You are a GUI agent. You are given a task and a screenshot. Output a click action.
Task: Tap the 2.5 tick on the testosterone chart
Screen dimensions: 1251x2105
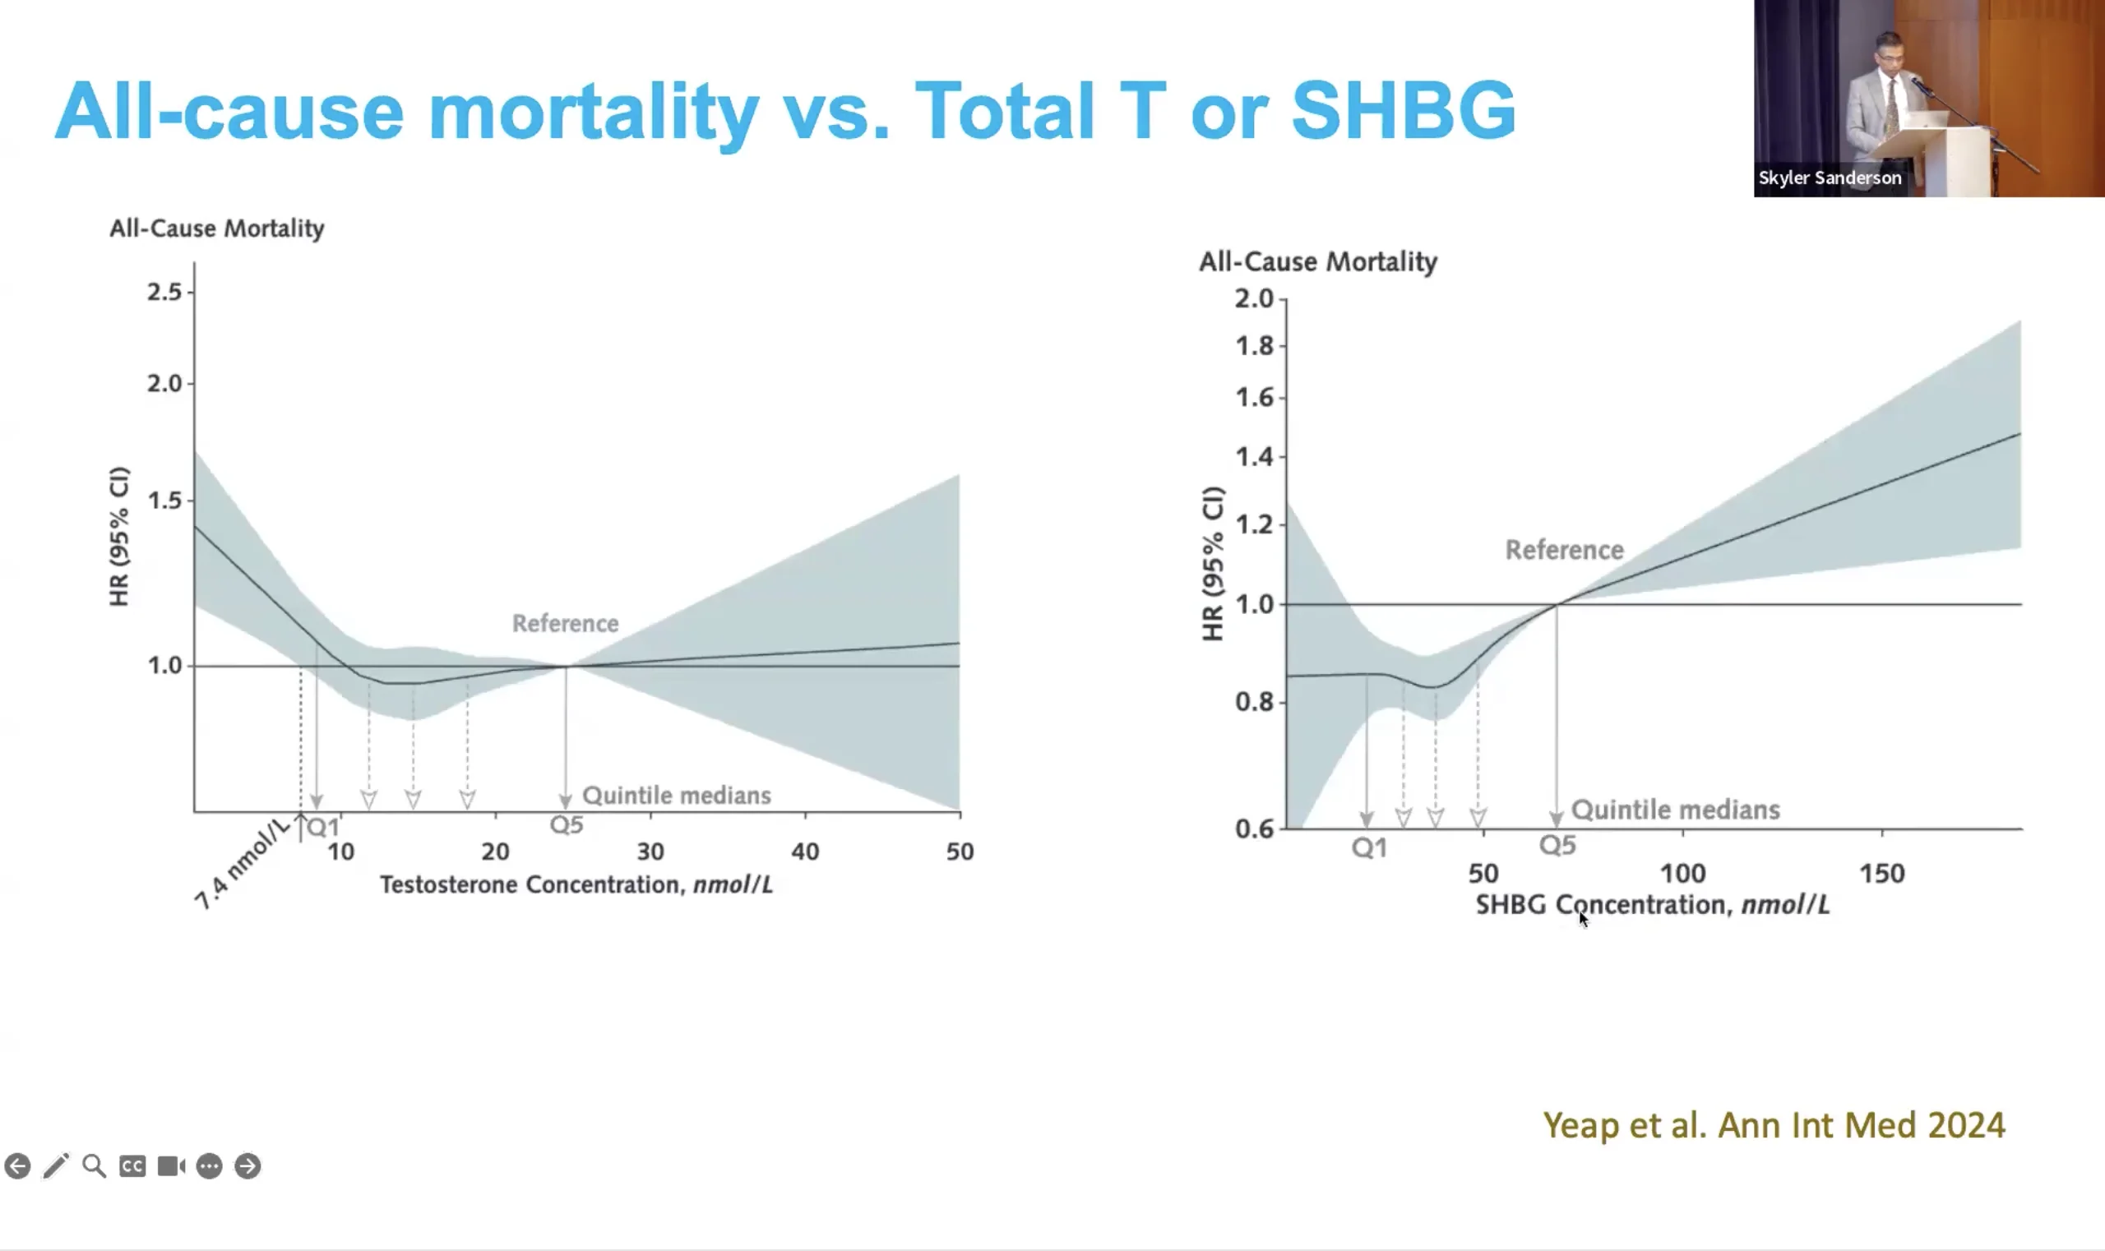(164, 292)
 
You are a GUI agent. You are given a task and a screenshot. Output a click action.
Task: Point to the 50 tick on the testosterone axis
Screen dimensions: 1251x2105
(960, 852)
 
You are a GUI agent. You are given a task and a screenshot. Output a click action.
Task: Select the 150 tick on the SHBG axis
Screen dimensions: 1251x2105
(1881, 874)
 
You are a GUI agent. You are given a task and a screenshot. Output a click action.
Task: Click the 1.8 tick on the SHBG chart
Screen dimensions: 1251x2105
(1254, 345)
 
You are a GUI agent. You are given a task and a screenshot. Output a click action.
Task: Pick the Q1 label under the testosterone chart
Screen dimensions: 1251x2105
(322, 827)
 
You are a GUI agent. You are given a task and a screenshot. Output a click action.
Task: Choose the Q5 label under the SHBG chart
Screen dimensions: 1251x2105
(1557, 846)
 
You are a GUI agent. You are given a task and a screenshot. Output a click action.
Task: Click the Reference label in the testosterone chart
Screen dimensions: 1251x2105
(565, 624)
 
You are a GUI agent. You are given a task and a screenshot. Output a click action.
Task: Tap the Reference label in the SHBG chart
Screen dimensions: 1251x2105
(1565, 551)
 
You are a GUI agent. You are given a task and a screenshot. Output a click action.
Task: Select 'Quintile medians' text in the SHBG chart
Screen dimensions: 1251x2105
(1675, 810)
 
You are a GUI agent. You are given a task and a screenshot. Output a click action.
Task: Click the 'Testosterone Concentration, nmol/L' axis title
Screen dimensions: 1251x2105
(576, 885)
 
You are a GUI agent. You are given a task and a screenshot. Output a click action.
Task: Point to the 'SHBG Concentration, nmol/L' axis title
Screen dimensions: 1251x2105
(1652, 906)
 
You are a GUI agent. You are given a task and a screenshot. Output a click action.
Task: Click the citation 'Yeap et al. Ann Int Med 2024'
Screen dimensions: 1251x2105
(1774, 1125)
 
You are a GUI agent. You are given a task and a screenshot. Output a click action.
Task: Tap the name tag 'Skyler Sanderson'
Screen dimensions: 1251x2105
(1830, 178)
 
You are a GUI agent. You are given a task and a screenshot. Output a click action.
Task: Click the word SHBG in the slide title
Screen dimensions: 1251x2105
(1404, 110)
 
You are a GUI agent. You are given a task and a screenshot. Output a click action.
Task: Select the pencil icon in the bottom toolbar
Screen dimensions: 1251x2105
(56, 1166)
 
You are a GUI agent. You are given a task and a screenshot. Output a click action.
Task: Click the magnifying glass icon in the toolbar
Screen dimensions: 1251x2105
(95, 1166)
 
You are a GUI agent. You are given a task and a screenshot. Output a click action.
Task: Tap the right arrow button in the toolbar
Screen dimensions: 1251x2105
(248, 1166)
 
